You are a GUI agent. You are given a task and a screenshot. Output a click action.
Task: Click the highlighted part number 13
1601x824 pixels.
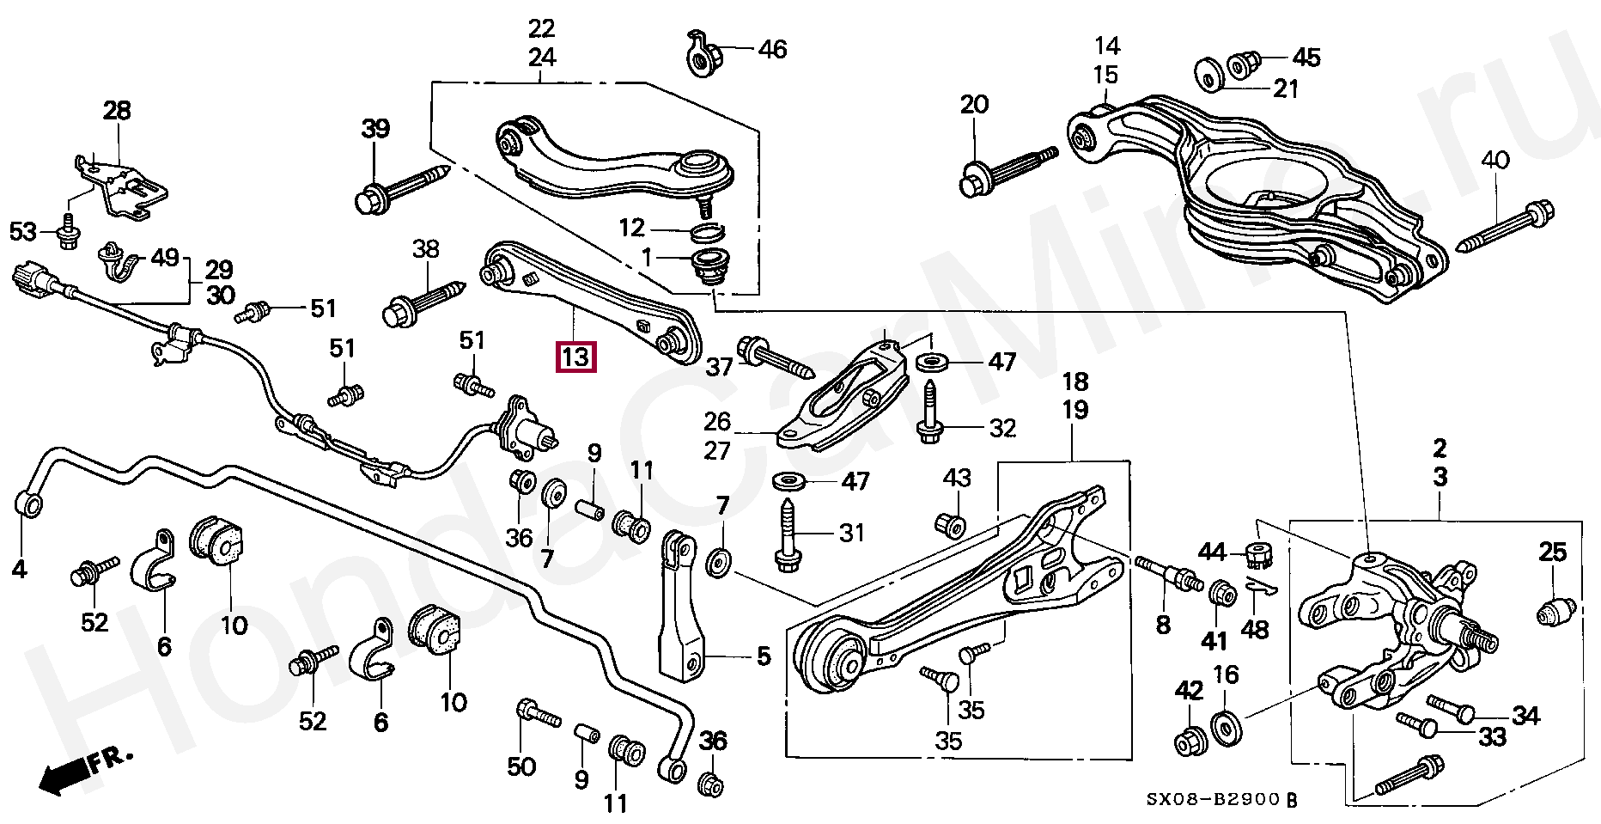click(575, 357)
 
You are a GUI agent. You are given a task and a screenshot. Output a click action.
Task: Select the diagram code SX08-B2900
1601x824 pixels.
click(1214, 800)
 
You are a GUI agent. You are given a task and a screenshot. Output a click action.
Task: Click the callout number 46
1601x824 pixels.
click(772, 49)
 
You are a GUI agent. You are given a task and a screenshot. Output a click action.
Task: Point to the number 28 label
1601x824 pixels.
click(117, 111)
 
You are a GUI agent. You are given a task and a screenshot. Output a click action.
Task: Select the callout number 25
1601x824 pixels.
click(1553, 552)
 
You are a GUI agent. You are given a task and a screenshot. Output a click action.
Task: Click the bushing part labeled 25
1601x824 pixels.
click(1555, 611)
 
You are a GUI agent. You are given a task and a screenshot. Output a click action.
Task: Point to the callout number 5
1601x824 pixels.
click(764, 657)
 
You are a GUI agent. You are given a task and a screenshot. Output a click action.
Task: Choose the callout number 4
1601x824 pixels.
click(19, 569)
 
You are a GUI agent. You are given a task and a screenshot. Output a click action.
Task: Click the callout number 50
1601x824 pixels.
click(521, 766)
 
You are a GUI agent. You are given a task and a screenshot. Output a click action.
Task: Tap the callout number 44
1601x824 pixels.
click(1212, 552)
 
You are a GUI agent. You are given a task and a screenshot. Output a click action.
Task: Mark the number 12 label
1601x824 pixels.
click(631, 228)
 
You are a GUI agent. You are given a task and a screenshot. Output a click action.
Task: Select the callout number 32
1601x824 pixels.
click(1002, 428)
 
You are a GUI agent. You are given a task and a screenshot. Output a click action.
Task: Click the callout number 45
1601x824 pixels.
click(1306, 58)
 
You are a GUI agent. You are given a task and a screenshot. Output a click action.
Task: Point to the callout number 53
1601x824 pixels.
click(24, 232)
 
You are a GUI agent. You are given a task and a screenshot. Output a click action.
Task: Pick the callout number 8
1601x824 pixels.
click(1163, 624)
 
